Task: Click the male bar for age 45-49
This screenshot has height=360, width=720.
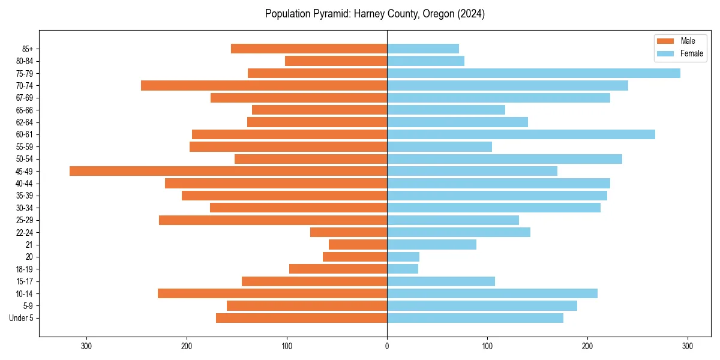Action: pos(228,171)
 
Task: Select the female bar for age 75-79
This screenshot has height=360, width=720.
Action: pos(533,73)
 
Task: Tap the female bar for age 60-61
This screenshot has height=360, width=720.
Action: pos(521,134)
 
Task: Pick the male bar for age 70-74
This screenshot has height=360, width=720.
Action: pos(264,85)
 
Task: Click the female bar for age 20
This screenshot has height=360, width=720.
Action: pos(403,257)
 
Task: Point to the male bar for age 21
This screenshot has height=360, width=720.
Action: pos(358,244)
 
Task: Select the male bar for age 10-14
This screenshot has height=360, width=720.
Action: pos(272,293)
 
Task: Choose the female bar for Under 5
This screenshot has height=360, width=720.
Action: pos(475,318)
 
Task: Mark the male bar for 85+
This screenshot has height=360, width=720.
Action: pos(309,49)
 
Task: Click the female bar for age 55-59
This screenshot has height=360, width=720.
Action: pos(439,146)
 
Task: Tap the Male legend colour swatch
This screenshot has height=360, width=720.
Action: pos(665,41)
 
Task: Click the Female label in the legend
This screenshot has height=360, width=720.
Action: pos(691,53)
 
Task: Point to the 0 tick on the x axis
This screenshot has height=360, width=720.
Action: pos(387,346)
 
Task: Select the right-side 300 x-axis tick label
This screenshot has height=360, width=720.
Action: pos(688,346)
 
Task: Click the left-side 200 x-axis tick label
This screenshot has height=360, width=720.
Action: pos(187,346)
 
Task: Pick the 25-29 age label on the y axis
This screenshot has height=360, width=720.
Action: pos(24,220)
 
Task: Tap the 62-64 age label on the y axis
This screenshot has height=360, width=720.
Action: pos(24,122)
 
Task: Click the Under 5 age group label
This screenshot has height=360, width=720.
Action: pos(22,318)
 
